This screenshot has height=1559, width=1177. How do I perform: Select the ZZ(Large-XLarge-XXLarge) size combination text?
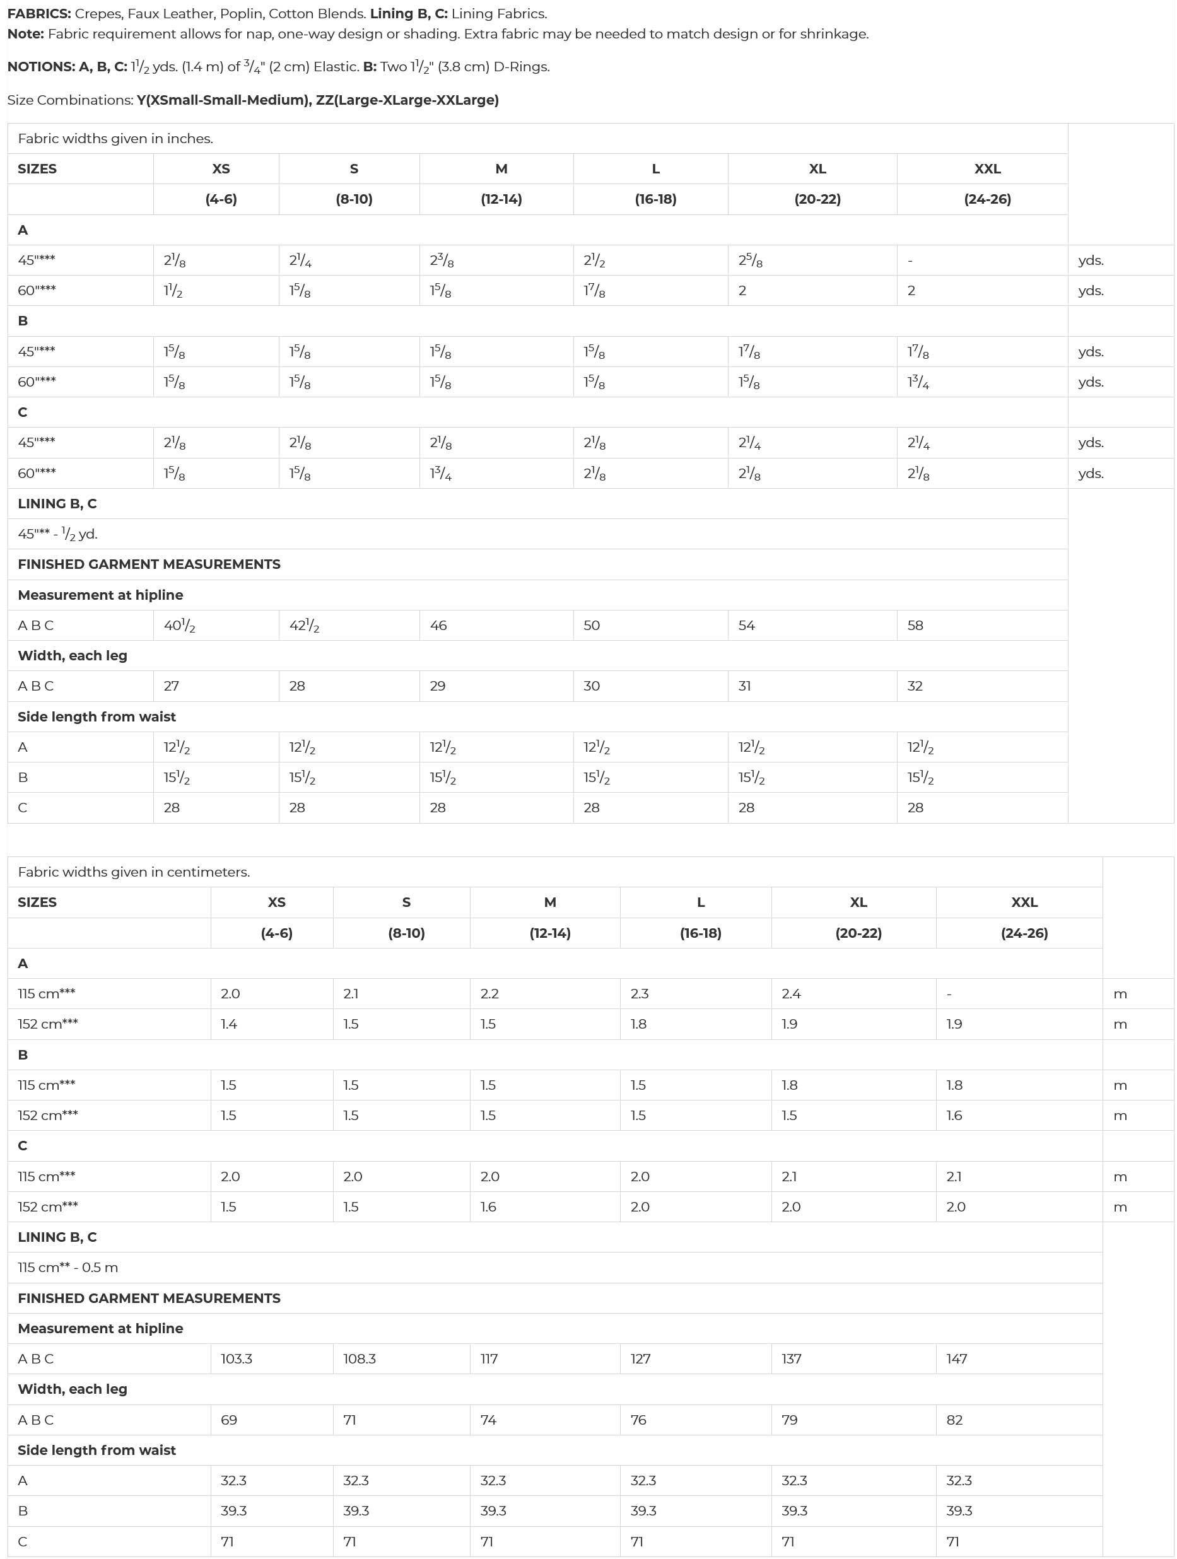(x=407, y=100)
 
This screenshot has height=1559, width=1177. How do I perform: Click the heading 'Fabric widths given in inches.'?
(x=115, y=139)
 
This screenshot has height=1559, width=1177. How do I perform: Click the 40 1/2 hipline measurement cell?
(x=179, y=626)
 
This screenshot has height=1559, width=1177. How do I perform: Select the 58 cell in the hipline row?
(x=915, y=626)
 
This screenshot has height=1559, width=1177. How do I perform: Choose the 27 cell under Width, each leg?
(x=172, y=686)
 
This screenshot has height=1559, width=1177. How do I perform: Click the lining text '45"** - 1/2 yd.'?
(x=58, y=534)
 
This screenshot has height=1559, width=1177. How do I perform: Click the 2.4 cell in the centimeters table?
(x=791, y=995)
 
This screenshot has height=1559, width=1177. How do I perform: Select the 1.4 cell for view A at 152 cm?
(x=229, y=1025)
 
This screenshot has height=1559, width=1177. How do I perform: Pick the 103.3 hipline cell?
(x=236, y=1360)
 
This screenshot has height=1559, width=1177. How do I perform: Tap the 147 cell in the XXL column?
(x=956, y=1360)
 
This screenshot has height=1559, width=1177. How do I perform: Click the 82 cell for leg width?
(x=954, y=1420)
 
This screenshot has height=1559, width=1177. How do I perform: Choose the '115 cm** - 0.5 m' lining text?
(x=67, y=1268)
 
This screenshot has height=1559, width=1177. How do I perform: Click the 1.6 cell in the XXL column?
(x=954, y=1116)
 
